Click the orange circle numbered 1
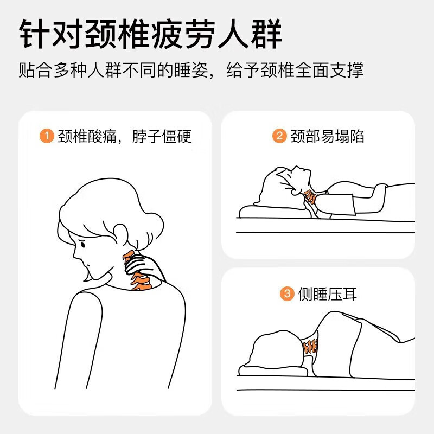click(x=47, y=136)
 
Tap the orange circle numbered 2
click(x=279, y=136)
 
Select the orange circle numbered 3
click(x=287, y=293)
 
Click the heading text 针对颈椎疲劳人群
click(x=151, y=34)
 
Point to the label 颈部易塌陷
click(x=327, y=136)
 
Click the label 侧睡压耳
click(x=328, y=293)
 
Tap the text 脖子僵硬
click(x=162, y=136)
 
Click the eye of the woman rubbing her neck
click(x=82, y=245)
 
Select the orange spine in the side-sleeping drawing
click(x=310, y=346)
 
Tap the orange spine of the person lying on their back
click(x=310, y=196)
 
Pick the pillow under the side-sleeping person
click(x=273, y=371)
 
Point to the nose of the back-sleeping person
click(x=297, y=168)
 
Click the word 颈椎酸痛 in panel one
click(x=87, y=136)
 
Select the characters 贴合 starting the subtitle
click(x=35, y=70)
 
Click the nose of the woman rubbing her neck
click(x=76, y=254)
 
